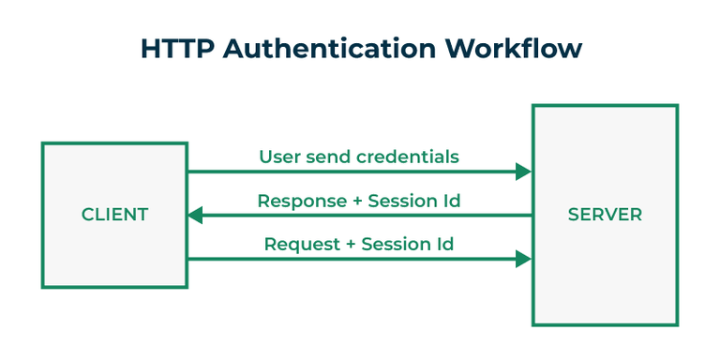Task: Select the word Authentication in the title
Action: (x=314, y=49)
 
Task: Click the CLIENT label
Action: (x=114, y=215)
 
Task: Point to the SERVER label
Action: (x=605, y=215)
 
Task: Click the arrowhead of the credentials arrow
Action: (x=523, y=172)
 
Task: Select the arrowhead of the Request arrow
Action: (x=523, y=259)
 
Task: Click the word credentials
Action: (x=408, y=157)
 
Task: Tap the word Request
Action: (x=299, y=245)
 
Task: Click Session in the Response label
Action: (x=401, y=201)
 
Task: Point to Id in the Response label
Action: (x=450, y=201)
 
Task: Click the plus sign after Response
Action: (x=352, y=202)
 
